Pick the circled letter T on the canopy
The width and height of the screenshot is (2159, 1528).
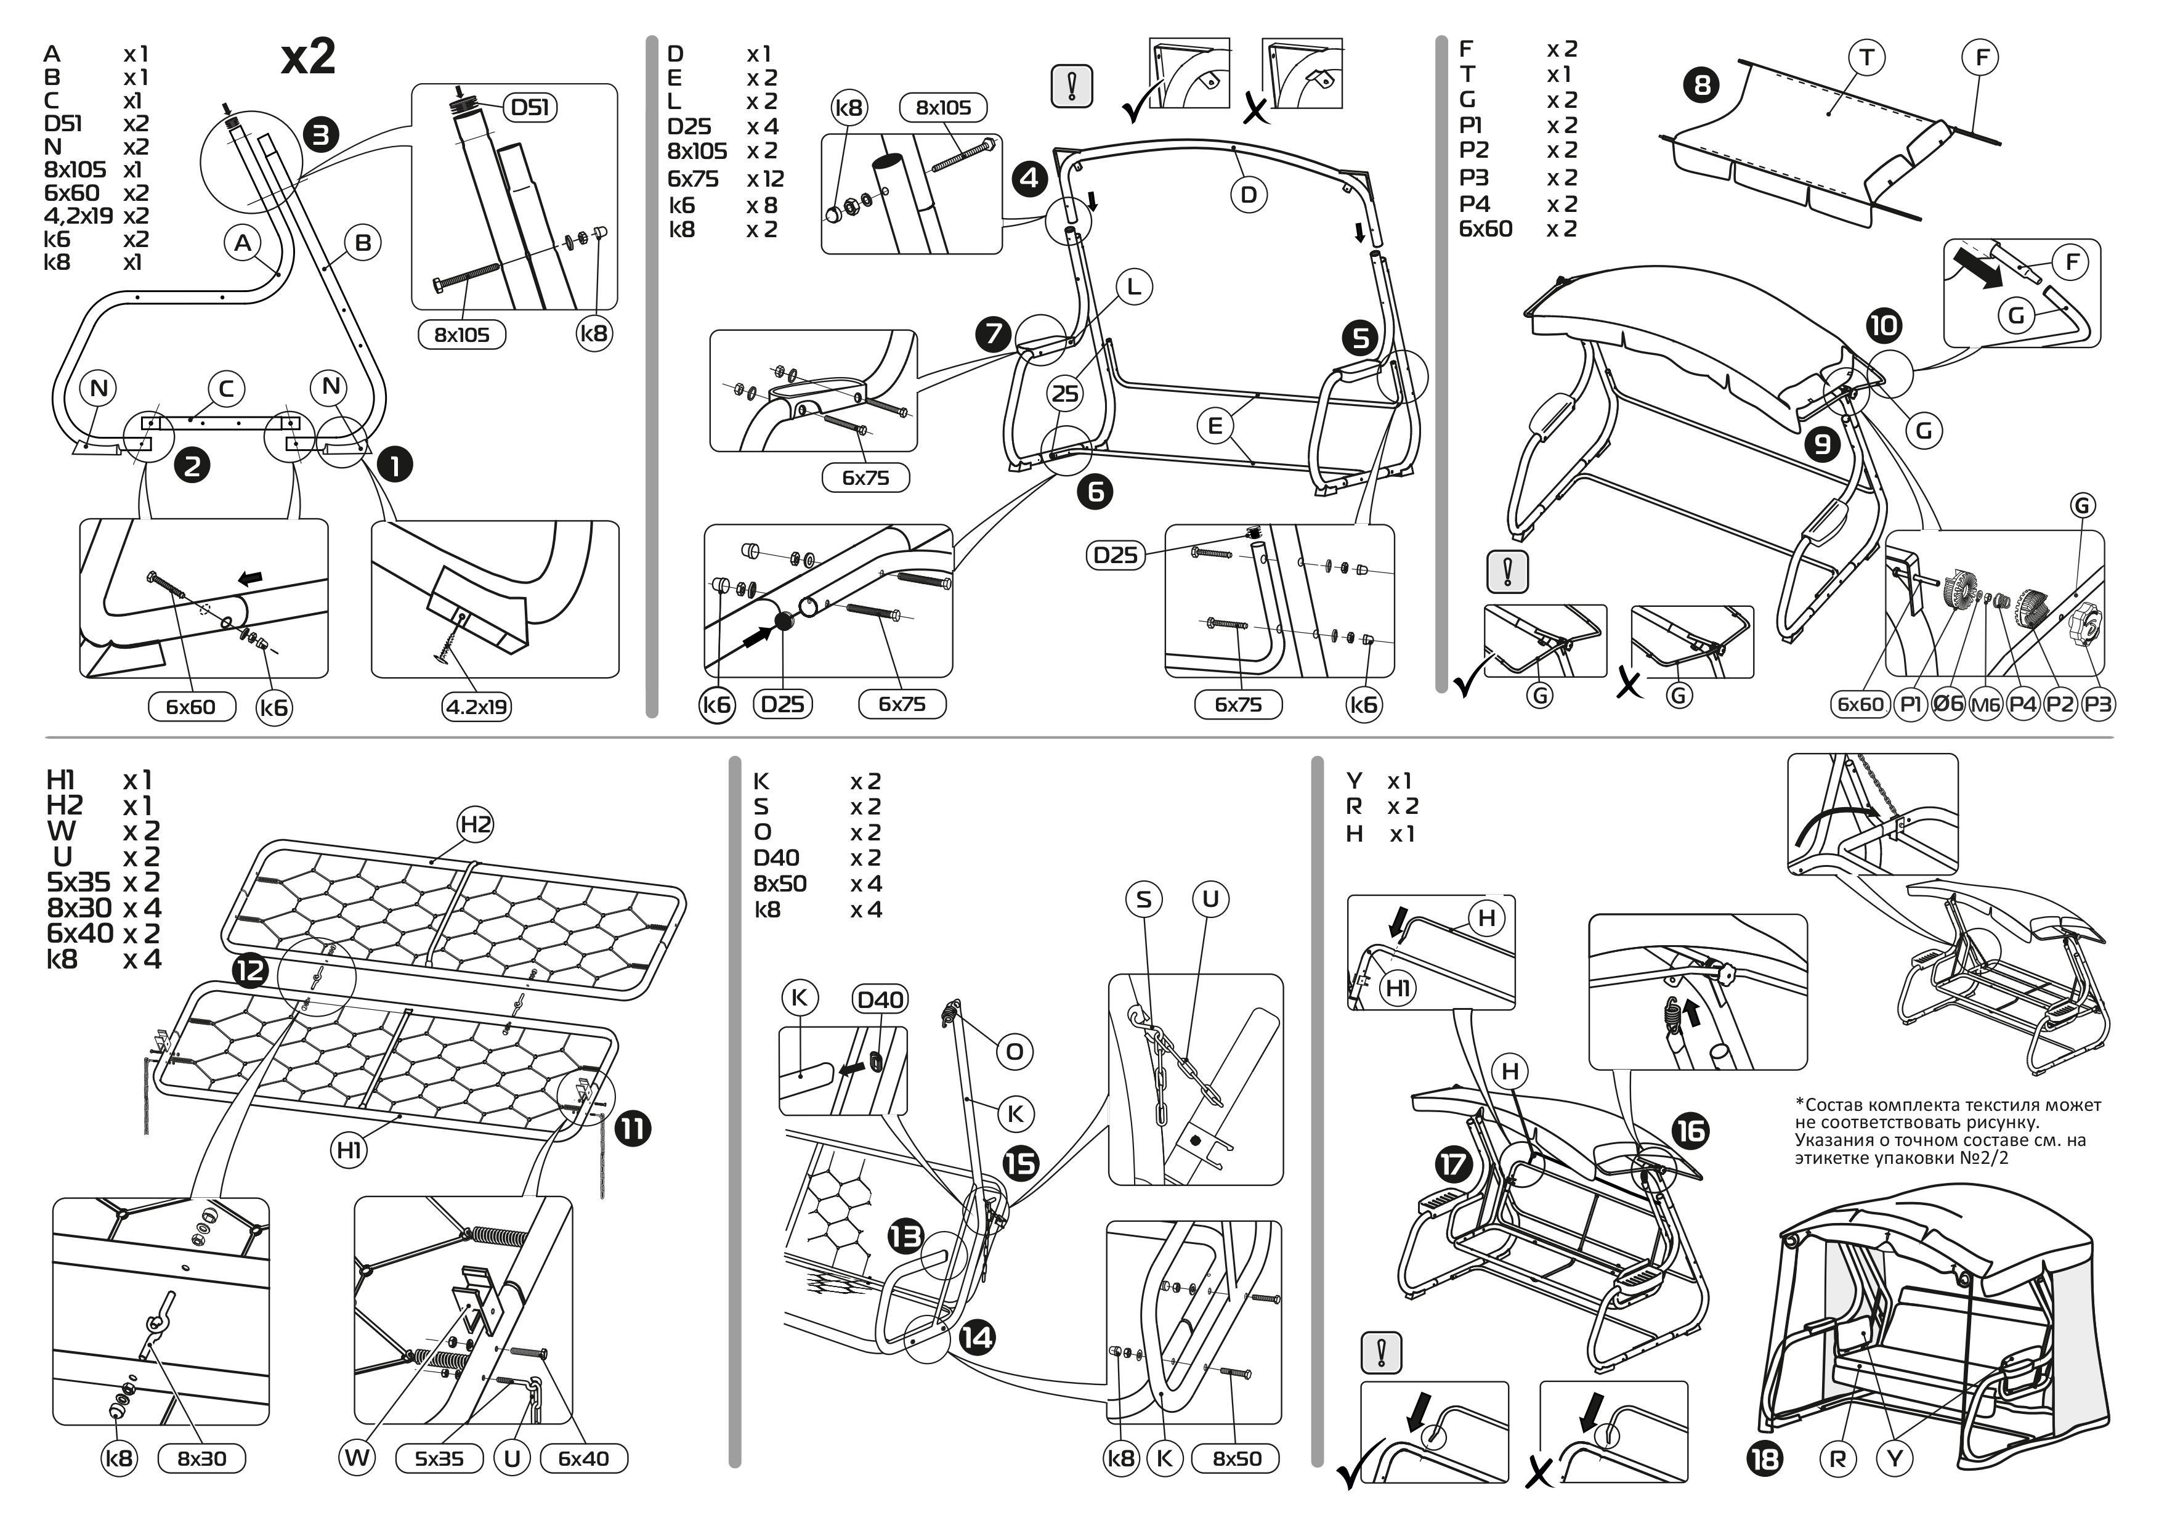(x=1866, y=59)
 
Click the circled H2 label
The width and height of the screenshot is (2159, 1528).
(x=475, y=824)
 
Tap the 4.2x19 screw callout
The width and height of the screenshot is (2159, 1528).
(x=477, y=707)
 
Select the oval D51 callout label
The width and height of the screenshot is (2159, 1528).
(x=530, y=107)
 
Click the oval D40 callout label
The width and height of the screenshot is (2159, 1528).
(x=880, y=999)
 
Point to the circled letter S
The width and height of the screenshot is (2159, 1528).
(x=1143, y=900)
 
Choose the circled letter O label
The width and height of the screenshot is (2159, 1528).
(x=1014, y=1051)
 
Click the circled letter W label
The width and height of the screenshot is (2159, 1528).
(x=357, y=1458)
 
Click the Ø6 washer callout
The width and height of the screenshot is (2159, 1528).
(x=1947, y=704)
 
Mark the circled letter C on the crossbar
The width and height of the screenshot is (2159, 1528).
(x=226, y=389)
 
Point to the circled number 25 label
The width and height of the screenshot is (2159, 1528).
(x=1065, y=393)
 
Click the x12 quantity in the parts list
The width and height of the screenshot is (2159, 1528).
(x=765, y=179)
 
